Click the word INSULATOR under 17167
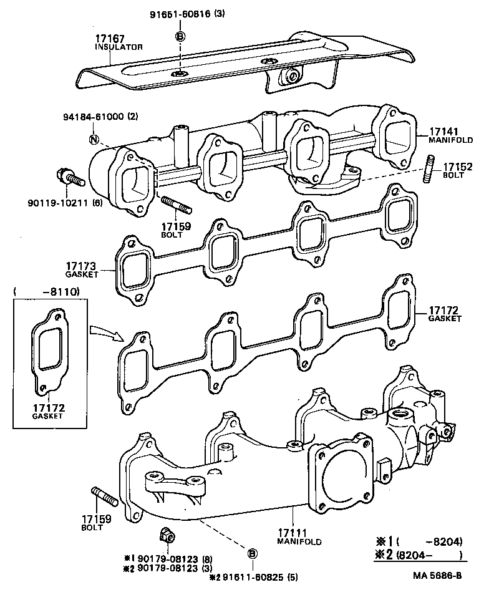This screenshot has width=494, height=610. click(119, 47)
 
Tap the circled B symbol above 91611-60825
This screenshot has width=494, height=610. click(253, 553)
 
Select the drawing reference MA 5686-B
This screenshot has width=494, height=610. click(436, 575)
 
